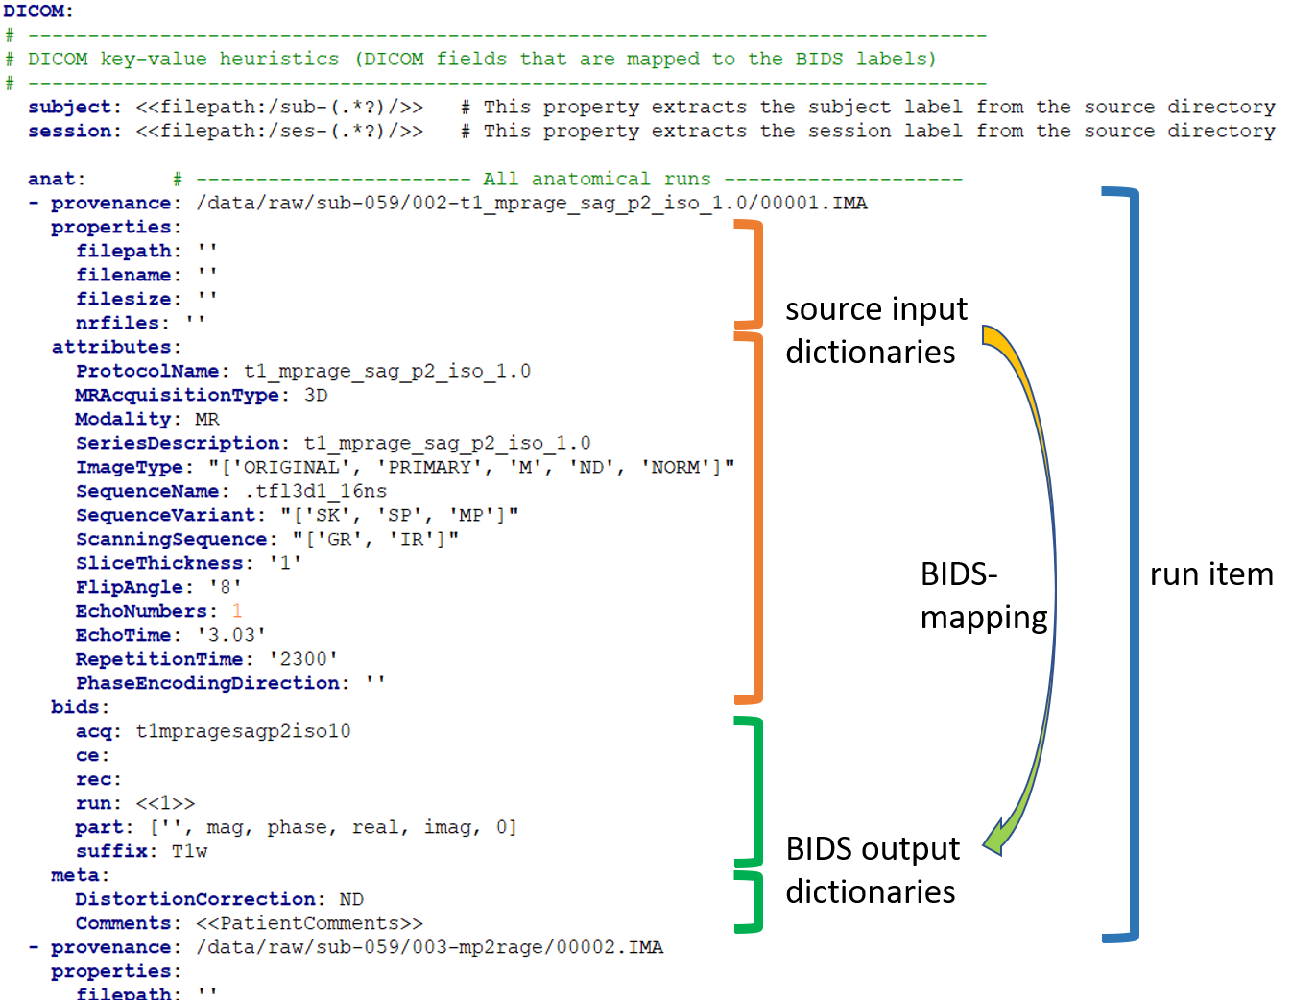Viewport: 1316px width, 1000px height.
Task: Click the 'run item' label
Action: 1211,574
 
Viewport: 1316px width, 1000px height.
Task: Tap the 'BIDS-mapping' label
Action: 983,596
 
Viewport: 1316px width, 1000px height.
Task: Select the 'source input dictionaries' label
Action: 875,330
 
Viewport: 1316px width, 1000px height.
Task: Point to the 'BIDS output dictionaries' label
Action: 872,870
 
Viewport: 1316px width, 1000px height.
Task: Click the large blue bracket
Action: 1133,565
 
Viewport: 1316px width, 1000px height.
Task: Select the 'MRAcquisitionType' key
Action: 178,395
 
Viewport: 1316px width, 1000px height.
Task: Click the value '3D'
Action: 316,395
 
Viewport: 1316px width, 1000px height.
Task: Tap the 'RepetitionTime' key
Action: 159,659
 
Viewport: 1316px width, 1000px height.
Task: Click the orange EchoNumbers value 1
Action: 237,611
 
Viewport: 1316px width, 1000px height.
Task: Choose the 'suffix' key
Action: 111,851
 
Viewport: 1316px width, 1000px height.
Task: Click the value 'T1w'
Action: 189,851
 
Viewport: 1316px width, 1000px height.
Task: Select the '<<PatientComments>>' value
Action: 309,923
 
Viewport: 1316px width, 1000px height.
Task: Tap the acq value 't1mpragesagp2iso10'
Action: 244,731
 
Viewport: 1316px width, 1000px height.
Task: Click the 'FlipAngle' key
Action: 130,587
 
